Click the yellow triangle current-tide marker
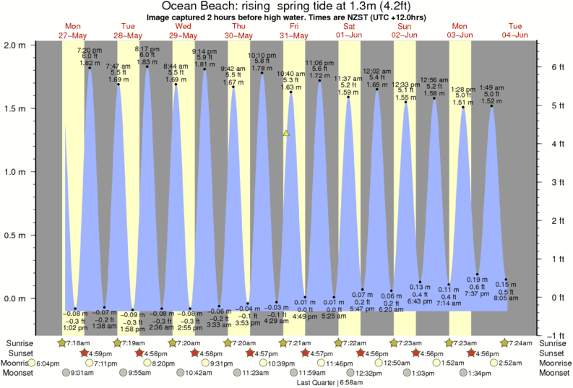point(287,133)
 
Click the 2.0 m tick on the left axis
point(16,44)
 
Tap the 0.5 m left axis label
point(16,235)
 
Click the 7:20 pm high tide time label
point(90,49)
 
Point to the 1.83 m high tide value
point(147,63)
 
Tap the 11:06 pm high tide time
point(319,63)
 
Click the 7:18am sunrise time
point(78,342)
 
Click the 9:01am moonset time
point(84,373)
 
